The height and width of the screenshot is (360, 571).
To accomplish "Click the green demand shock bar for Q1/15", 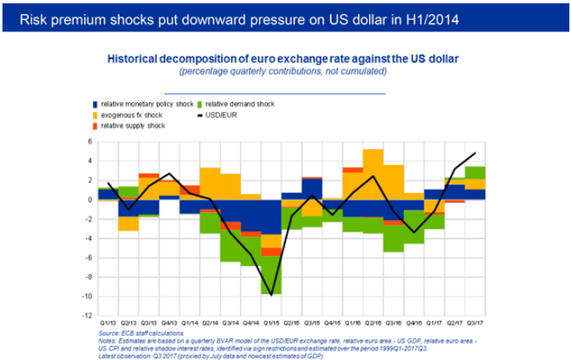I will tap(271, 275).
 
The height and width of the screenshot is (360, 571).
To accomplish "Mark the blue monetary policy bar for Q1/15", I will tap(271, 218).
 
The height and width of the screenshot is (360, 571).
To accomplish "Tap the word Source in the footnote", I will tap(109, 333).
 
